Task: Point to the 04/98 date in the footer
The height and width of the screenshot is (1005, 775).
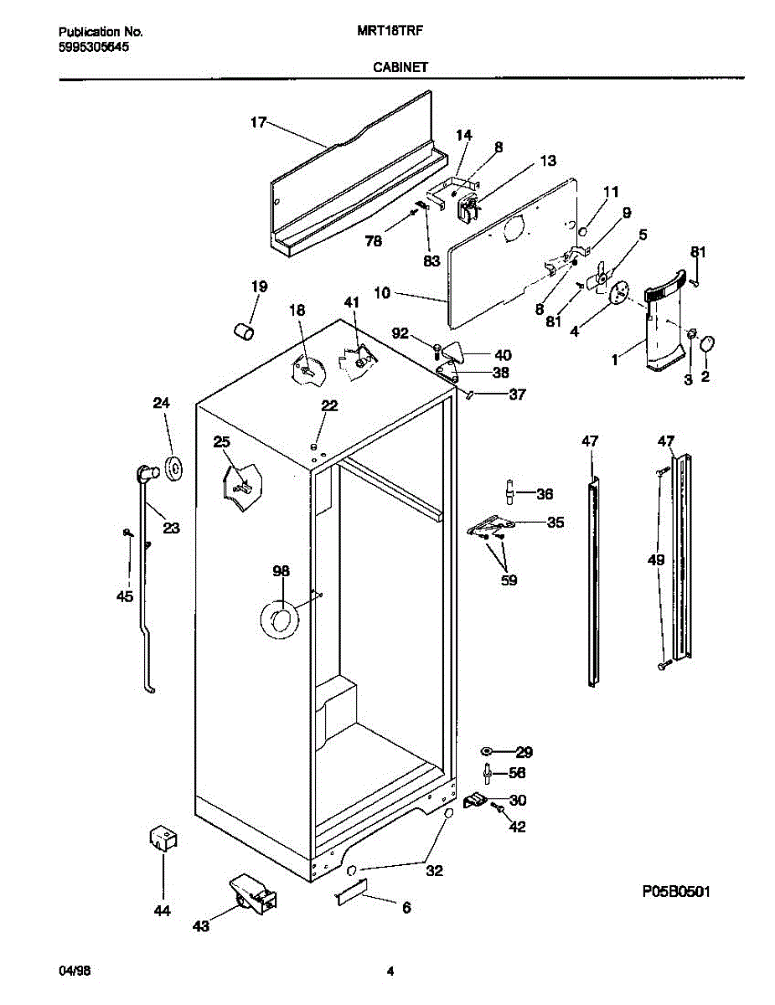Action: [75, 971]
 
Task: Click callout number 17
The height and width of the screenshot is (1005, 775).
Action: [257, 123]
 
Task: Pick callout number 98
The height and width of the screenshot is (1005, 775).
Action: [281, 571]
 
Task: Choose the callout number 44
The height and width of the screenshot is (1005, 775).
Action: [163, 911]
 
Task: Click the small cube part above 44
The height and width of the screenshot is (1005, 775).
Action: [163, 838]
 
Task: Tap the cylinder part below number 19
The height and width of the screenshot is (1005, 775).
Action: [244, 332]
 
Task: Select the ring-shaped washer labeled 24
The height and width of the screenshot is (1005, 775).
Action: [174, 469]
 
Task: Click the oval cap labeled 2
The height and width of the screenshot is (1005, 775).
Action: [707, 344]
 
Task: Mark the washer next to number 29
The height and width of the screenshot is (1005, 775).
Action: [487, 751]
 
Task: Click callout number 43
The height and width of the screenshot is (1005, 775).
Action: [201, 925]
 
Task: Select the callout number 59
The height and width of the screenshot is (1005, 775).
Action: [509, 580]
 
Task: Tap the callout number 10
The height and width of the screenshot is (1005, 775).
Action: [382, 294]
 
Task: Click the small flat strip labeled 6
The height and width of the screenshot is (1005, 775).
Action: [349, 897]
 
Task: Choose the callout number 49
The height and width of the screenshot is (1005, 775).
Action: [656, 559]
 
